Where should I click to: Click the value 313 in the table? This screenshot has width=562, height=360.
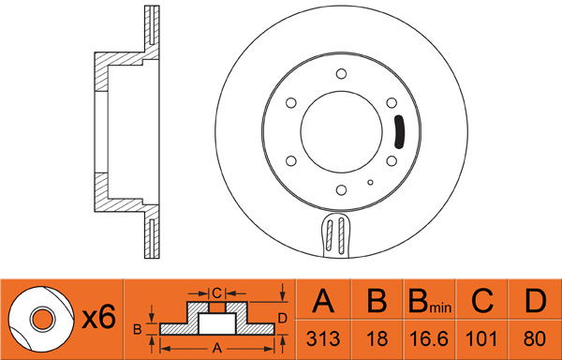[323, 338]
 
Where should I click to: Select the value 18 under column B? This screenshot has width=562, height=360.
[377, 338]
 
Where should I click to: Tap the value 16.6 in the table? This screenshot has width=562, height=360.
[429, 338]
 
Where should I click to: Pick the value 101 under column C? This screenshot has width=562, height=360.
[481, 338]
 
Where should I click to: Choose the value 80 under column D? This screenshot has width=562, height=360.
[535, 338]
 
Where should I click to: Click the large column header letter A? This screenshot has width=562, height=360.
[323, 301]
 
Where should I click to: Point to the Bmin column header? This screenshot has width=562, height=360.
[429, 301]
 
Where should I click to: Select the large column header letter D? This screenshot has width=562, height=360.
[535, 301]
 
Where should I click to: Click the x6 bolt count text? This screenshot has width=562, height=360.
[98, 317]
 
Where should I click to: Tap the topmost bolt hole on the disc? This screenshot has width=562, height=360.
[341, 74]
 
